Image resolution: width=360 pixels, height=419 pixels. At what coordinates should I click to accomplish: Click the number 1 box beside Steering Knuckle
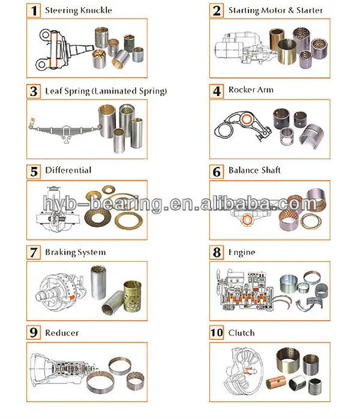click(35, 10)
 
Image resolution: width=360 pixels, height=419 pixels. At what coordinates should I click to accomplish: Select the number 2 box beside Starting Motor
click(217, 10)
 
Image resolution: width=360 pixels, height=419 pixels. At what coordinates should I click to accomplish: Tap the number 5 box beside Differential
click(35, 171)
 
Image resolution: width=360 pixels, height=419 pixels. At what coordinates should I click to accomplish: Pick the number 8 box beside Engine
click(217, 252)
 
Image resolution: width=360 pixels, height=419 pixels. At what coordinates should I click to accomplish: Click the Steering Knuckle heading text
click(79, 10)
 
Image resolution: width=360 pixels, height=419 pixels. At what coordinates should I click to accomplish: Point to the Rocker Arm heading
click(251, 90)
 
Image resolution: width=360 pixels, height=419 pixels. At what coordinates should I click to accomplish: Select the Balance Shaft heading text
click(254, 170)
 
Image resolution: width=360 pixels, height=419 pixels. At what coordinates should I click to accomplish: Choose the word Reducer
click(62, 333)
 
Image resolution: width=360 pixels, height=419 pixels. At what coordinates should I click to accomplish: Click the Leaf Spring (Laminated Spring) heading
click(106, 91)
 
